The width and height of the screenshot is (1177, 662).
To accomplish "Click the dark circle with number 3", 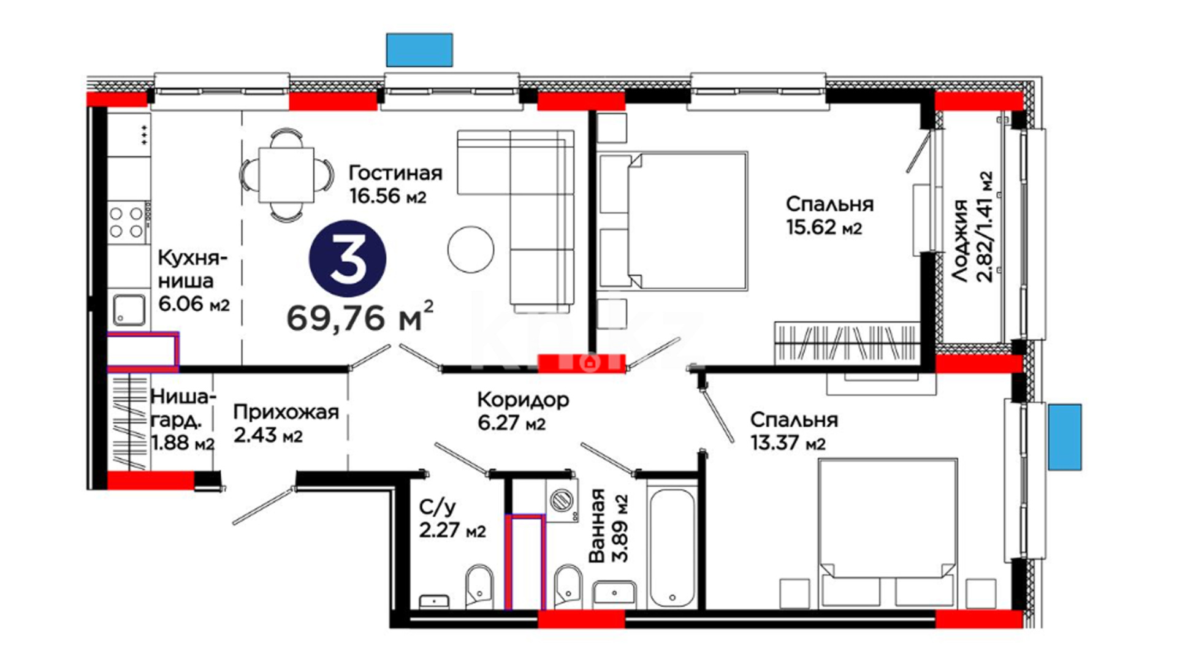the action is point(348,259).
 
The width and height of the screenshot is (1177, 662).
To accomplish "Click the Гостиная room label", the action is point(395,173).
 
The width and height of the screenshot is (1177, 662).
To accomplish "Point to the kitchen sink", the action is point(129,310).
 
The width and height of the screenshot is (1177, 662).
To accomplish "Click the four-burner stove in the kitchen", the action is point(128,222).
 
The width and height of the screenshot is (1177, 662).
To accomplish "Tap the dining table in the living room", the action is point(286,175).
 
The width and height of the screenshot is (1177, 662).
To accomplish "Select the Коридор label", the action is point(523,400).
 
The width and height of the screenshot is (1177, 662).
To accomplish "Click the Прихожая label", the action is point(286,413).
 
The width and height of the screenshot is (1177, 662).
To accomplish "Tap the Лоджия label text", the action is point(961,240).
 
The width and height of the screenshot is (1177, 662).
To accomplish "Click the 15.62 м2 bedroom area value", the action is point(824,228).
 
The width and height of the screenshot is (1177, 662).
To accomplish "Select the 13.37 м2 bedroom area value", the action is point(788,443).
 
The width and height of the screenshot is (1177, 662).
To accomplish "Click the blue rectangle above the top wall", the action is point(419,50).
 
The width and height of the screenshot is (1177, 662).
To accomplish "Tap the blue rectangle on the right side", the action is point(1065,436).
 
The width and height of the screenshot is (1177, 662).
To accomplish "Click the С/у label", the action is point(437,508).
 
